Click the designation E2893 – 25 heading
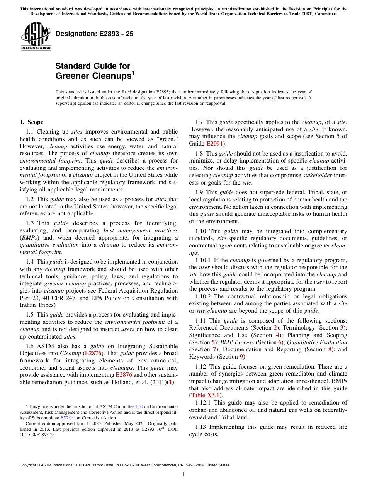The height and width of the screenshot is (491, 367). click(x=94, y=34)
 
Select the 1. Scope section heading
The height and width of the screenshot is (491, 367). click(x=32, y=122)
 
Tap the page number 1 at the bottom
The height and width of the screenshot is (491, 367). click(x=183, y=474)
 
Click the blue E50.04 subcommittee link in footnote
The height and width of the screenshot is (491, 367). click(x=68, y=417)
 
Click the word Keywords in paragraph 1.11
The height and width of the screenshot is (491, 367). click(x=202, y=357)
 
